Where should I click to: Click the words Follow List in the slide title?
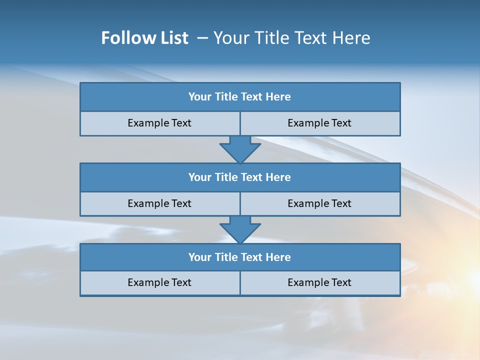pos(144,38)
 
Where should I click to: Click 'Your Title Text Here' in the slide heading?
pos(291,38)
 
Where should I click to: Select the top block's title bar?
pos(240,97)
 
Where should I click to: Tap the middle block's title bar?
pos(240,177)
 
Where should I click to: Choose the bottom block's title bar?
pos(240,257)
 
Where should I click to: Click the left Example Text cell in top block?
pos(159,123)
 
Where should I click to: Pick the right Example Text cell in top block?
pos(319,123)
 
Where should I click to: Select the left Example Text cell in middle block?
pos(159,203)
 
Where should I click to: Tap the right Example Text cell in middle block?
pos(319,203)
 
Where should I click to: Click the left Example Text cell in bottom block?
pos(159,282)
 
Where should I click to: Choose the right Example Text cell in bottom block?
pos(319,282)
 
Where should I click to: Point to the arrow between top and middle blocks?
pos(240,149)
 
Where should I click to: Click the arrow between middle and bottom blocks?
pos(240,229)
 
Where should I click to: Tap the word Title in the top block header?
pos(226,97)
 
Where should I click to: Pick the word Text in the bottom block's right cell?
pos(341,282)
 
